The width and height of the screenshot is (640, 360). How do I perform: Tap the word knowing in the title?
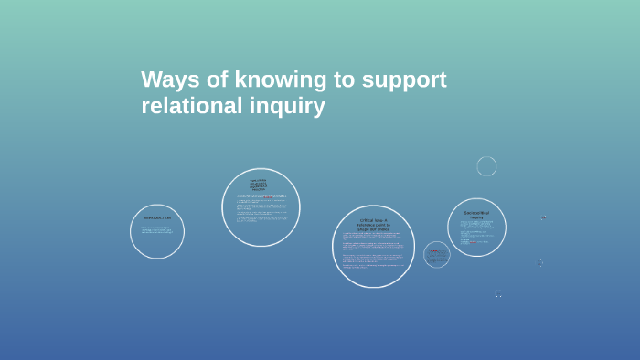tap(275, 79)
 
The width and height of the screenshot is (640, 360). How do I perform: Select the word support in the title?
tap(404, 79)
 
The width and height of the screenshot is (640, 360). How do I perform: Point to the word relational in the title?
tap(188, 106)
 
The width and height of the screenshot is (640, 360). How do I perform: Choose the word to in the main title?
tap(345, 79)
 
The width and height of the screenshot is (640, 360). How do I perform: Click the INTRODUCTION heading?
tap(157, 217)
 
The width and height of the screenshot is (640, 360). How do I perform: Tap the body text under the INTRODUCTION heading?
tap(157, 229)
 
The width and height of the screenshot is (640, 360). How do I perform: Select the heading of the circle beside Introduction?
tap(259, 185)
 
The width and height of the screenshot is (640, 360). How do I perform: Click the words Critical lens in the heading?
tap(373, 220)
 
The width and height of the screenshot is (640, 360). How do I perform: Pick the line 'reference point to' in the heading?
tap(373, 224)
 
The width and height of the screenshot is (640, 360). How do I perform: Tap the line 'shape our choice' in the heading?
tap(373, 228)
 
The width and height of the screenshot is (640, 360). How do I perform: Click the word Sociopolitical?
tap(476, 213)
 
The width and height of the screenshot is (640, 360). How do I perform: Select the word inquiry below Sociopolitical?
tap(476, 217)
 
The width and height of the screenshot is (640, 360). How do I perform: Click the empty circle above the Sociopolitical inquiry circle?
tap(486, 165)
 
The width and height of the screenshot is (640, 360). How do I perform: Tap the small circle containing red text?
tap(436, 254)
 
